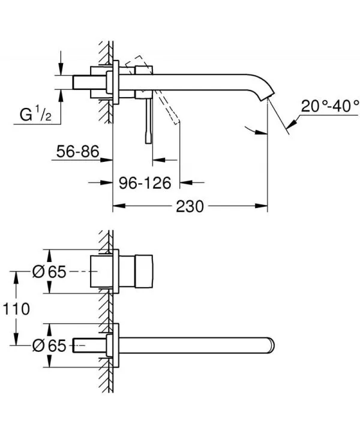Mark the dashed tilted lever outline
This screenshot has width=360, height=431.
click(168, 105)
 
